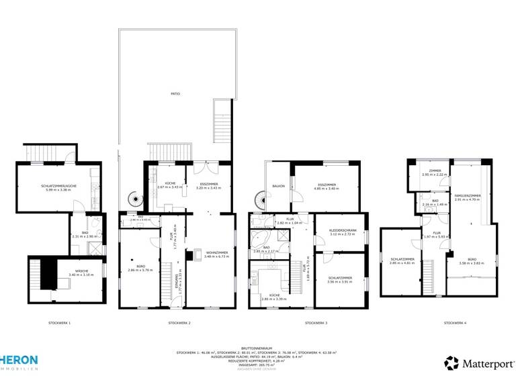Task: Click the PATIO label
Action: tap(175, 93)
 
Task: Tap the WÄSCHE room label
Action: tap(82, 271)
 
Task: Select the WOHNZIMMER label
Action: tap(217, 252)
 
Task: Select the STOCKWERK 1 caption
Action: tap(59, 323)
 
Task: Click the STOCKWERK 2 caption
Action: tap(179, 323)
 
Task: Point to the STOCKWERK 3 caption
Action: tap(316, 323)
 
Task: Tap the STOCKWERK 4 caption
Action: tap(455, 323)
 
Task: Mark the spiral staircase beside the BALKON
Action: tap(259, 201)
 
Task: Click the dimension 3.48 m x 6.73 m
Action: tap(217, 256)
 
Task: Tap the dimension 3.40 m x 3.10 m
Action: tap(82, 275)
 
